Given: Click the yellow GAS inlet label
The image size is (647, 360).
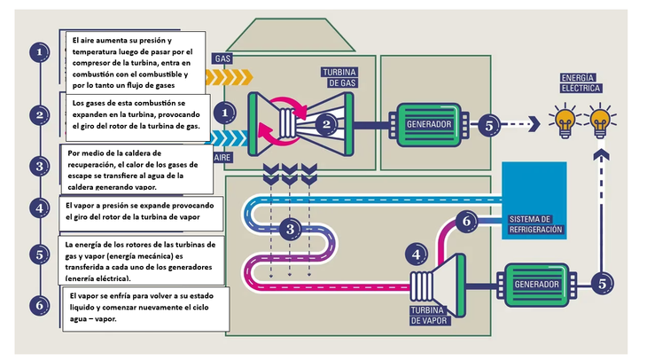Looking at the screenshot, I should [222, 59].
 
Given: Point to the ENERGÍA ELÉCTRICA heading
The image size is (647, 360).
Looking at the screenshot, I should [581, 82].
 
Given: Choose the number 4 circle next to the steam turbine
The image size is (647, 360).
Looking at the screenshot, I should [417, 254].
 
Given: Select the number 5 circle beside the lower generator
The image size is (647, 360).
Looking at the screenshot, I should [602, 284].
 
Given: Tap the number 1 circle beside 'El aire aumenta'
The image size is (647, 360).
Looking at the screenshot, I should [39, 53].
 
